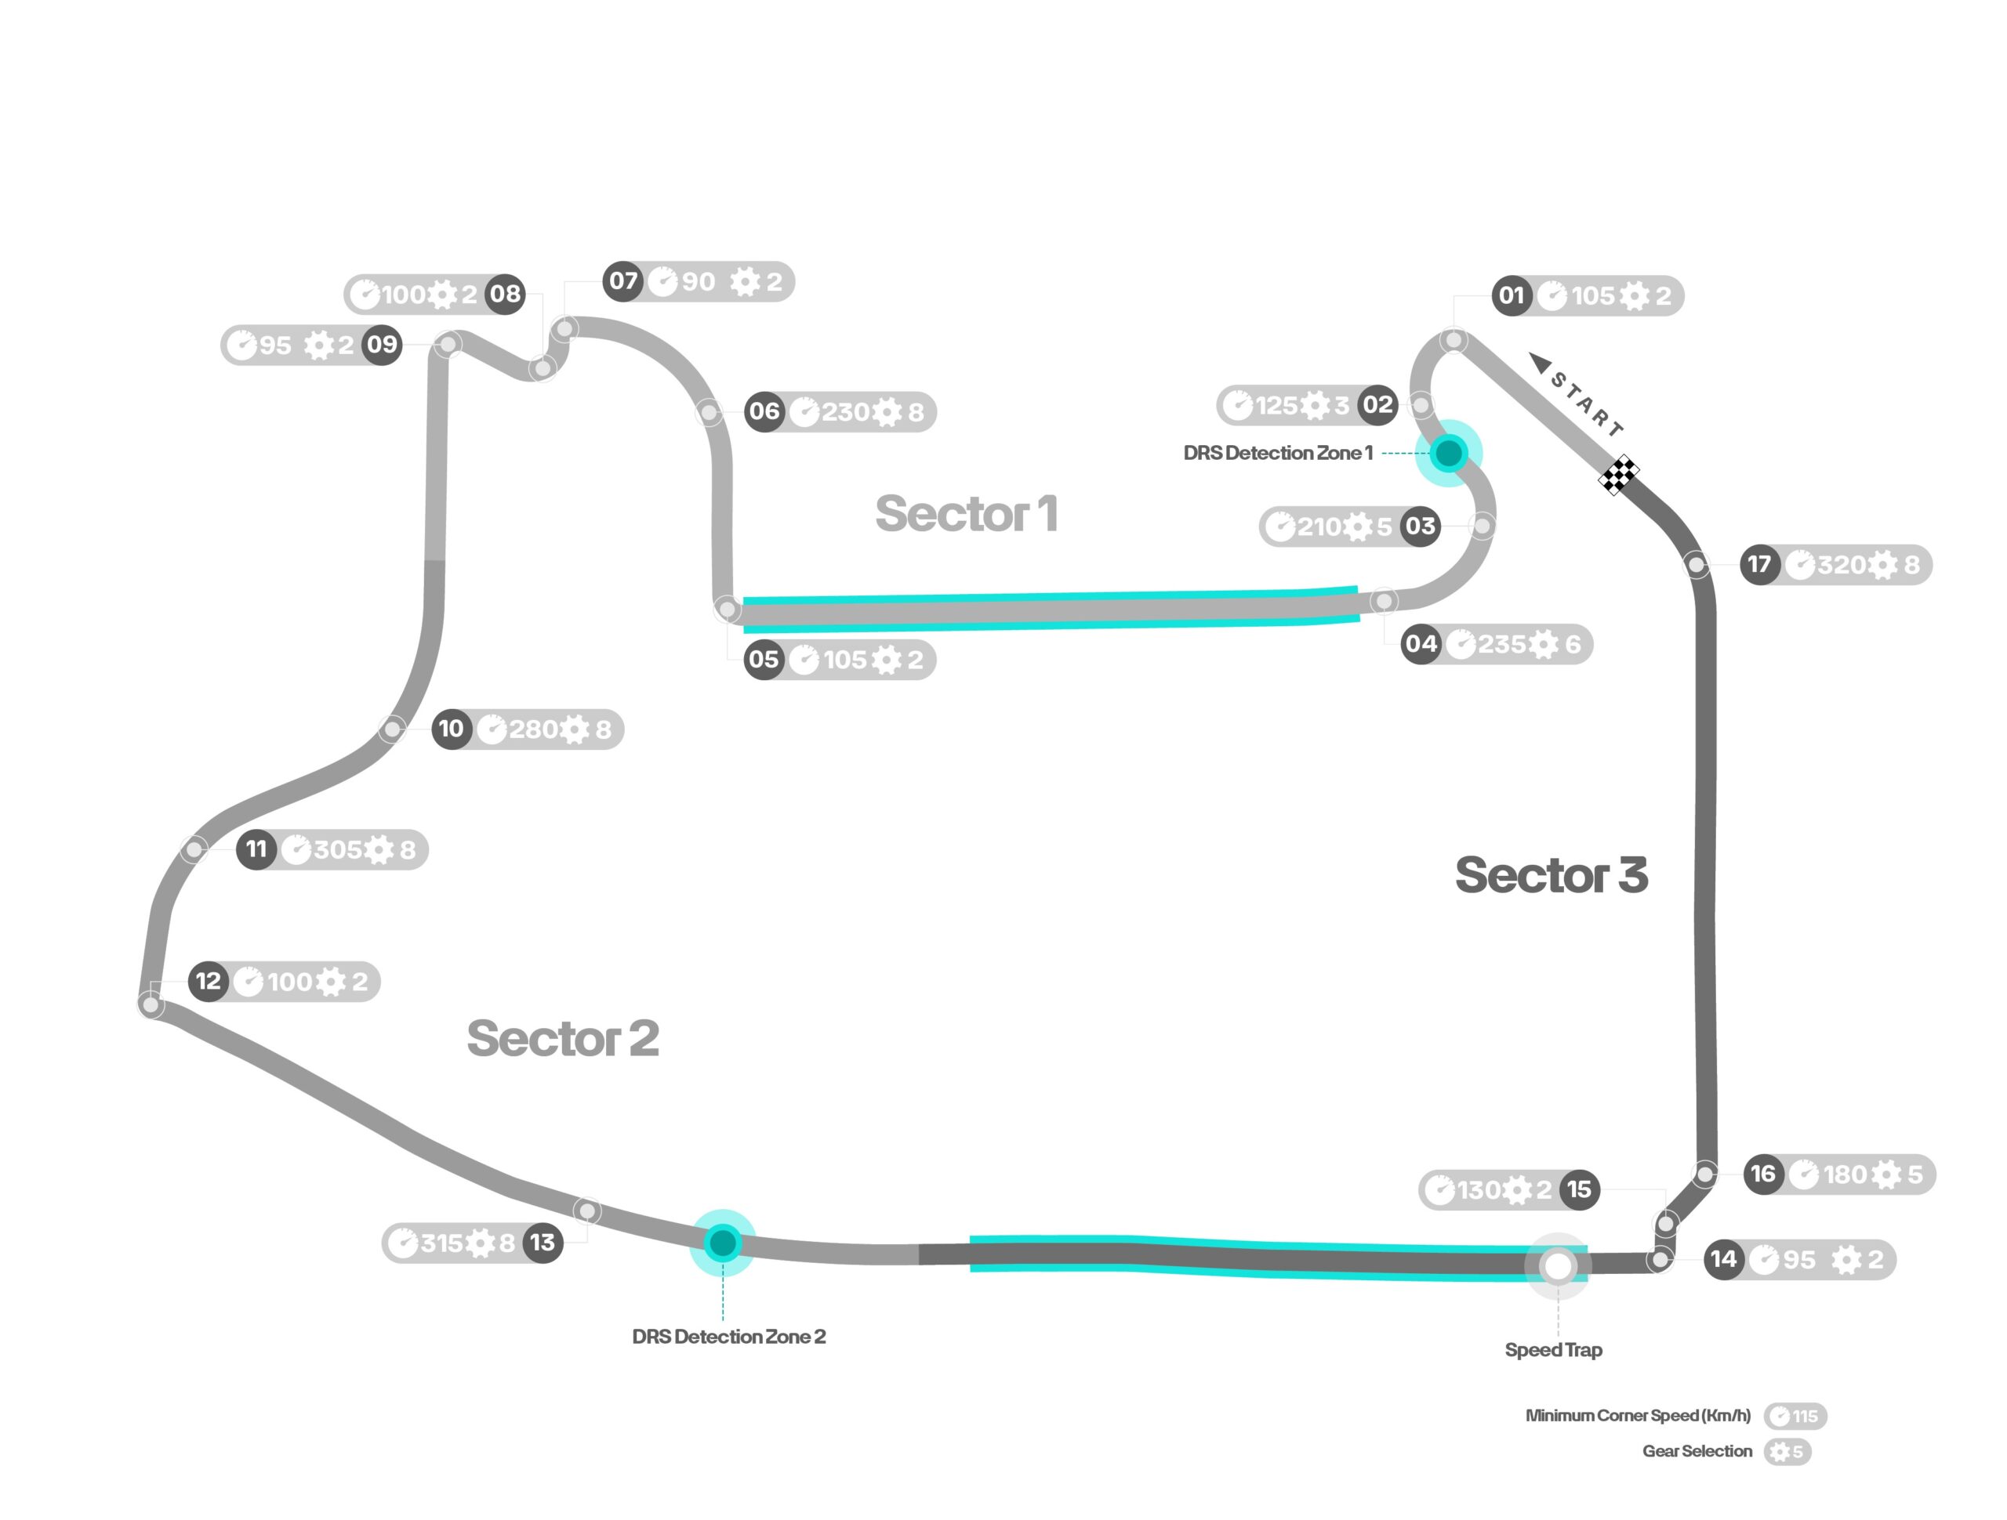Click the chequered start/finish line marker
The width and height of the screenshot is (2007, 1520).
coord(1619,474)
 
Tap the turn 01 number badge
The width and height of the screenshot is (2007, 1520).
coord(1511,295)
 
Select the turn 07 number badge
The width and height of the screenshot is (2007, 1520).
coord(623,281)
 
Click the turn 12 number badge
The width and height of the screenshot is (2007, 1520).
coord(208,981)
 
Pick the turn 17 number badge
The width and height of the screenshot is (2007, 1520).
coord(1759,565)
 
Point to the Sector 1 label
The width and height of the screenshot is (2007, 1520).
coord(967,514)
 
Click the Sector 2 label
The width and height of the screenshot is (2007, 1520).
coord(563,1038)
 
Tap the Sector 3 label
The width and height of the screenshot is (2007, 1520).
coord(1552,875)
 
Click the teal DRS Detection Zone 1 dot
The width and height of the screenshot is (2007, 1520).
coord(1448,453)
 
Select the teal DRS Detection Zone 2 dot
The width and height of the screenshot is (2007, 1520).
coord(722,1243)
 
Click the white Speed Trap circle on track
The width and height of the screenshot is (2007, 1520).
coord(1558,1266)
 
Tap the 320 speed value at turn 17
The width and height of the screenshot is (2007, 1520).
coord(1841,565)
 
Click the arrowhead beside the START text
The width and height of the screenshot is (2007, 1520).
coord(1541,363)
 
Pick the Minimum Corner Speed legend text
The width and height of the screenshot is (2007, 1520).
coord(1638,1416)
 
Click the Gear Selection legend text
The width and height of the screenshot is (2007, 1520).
coord(1697,1451)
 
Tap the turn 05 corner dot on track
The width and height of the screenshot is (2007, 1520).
coord(727,609)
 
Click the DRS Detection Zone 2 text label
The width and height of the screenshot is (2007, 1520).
coord(728,1336)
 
